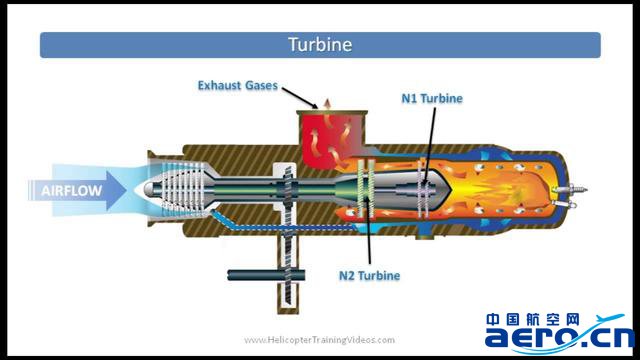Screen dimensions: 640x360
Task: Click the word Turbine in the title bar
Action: coord(320,44)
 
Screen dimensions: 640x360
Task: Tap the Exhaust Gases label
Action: coord(238,85)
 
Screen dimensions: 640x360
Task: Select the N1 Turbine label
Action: coord(432,98)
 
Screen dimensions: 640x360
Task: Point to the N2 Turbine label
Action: coord(369,276)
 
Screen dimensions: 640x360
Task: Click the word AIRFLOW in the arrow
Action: coord(71,191)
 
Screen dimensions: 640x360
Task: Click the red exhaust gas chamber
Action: coord(331,139)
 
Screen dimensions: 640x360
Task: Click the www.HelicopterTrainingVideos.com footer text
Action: coord(320,340)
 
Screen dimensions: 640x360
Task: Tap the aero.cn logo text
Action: coord(559,337)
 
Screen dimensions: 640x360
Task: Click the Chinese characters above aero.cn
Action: coord(533,320)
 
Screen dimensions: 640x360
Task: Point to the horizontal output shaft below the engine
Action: coord(266,275)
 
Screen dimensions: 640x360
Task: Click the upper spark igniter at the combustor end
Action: coord(570,189)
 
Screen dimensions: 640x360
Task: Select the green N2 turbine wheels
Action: coord(366,188)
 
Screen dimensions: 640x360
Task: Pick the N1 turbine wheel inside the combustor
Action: coord(424,189)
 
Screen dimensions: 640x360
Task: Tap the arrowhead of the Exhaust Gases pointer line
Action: coord(315,107)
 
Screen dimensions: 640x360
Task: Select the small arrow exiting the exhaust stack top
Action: coord(327,103)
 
